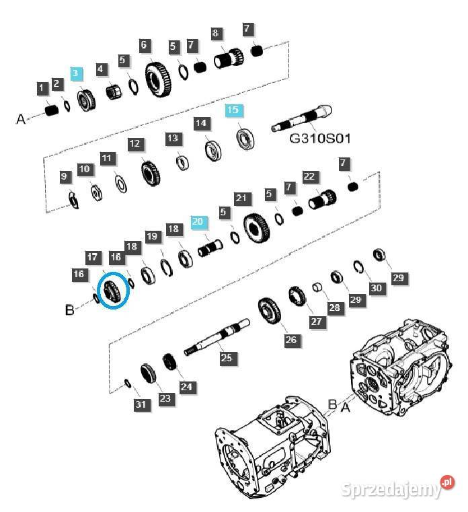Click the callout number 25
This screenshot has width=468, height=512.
coord(226,358)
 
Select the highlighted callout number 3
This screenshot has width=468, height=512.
coord(75,73)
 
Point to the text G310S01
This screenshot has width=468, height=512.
coord(320,139)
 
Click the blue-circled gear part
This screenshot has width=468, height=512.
coord(113,291)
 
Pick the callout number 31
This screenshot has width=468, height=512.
coord(140,404)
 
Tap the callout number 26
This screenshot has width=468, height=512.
coord(290,340)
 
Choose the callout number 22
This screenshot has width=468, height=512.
coord(309,177)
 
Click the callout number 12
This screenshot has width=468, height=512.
coord(134,143)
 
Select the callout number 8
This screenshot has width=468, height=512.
coord(215,33)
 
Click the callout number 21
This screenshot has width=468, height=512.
coord(241,198)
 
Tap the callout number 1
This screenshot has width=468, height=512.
coord(42,87)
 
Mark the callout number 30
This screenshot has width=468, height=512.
coord(376,287)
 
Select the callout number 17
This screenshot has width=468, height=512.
coord(92,257)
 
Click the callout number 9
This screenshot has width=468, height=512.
coord(65,177)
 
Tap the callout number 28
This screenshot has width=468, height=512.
coord(334,307)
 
